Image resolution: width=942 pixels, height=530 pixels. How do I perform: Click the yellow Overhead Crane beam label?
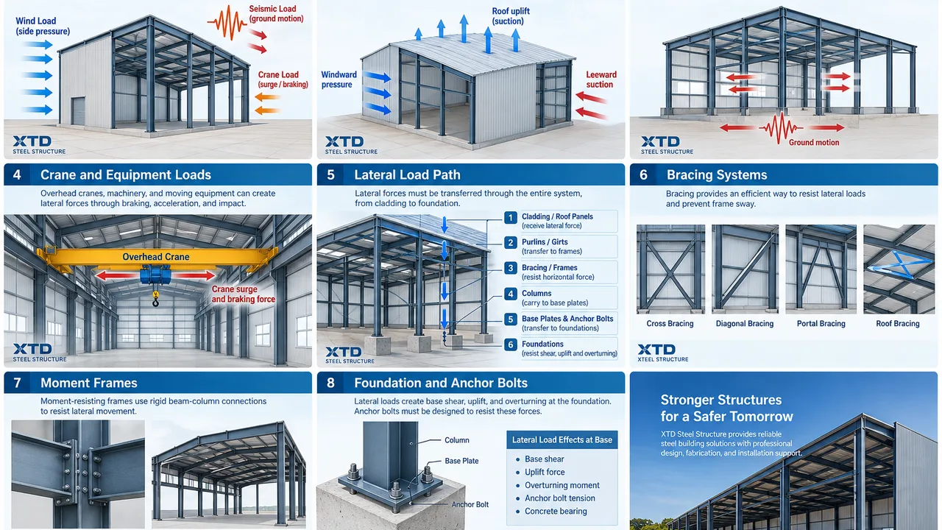(155, 257)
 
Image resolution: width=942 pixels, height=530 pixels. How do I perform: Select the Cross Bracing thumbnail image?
(670, 269)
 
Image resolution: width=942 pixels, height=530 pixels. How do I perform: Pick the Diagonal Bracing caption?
(745, 323)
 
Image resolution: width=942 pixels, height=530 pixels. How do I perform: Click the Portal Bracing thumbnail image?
(821, 269)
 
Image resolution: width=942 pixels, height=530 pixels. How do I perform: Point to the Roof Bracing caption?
(898, 323)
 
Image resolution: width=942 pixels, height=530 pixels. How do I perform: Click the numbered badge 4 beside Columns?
(511, 294)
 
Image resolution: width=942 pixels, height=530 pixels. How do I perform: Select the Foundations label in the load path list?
(542, 344)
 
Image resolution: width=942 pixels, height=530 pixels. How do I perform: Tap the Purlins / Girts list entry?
(552, 247)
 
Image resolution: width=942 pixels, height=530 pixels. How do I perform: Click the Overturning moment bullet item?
(562, 485)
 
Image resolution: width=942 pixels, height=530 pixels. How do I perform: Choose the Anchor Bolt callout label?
(470, 504)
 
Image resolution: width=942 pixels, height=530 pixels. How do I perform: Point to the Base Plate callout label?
(461, 461)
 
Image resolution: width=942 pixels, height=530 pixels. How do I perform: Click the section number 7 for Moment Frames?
(17, 383)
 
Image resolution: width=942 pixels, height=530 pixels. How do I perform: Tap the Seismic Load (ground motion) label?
(276, 13)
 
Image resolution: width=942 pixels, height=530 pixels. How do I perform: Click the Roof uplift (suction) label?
(511, 16)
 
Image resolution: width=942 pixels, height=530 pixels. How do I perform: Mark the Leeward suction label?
(601, 79)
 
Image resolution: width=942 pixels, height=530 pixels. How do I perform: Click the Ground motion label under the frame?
(814, 143)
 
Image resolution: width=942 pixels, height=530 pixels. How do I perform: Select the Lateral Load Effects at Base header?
(562, 440)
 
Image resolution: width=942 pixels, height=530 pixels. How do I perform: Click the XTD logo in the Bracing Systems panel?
(663, 353)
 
